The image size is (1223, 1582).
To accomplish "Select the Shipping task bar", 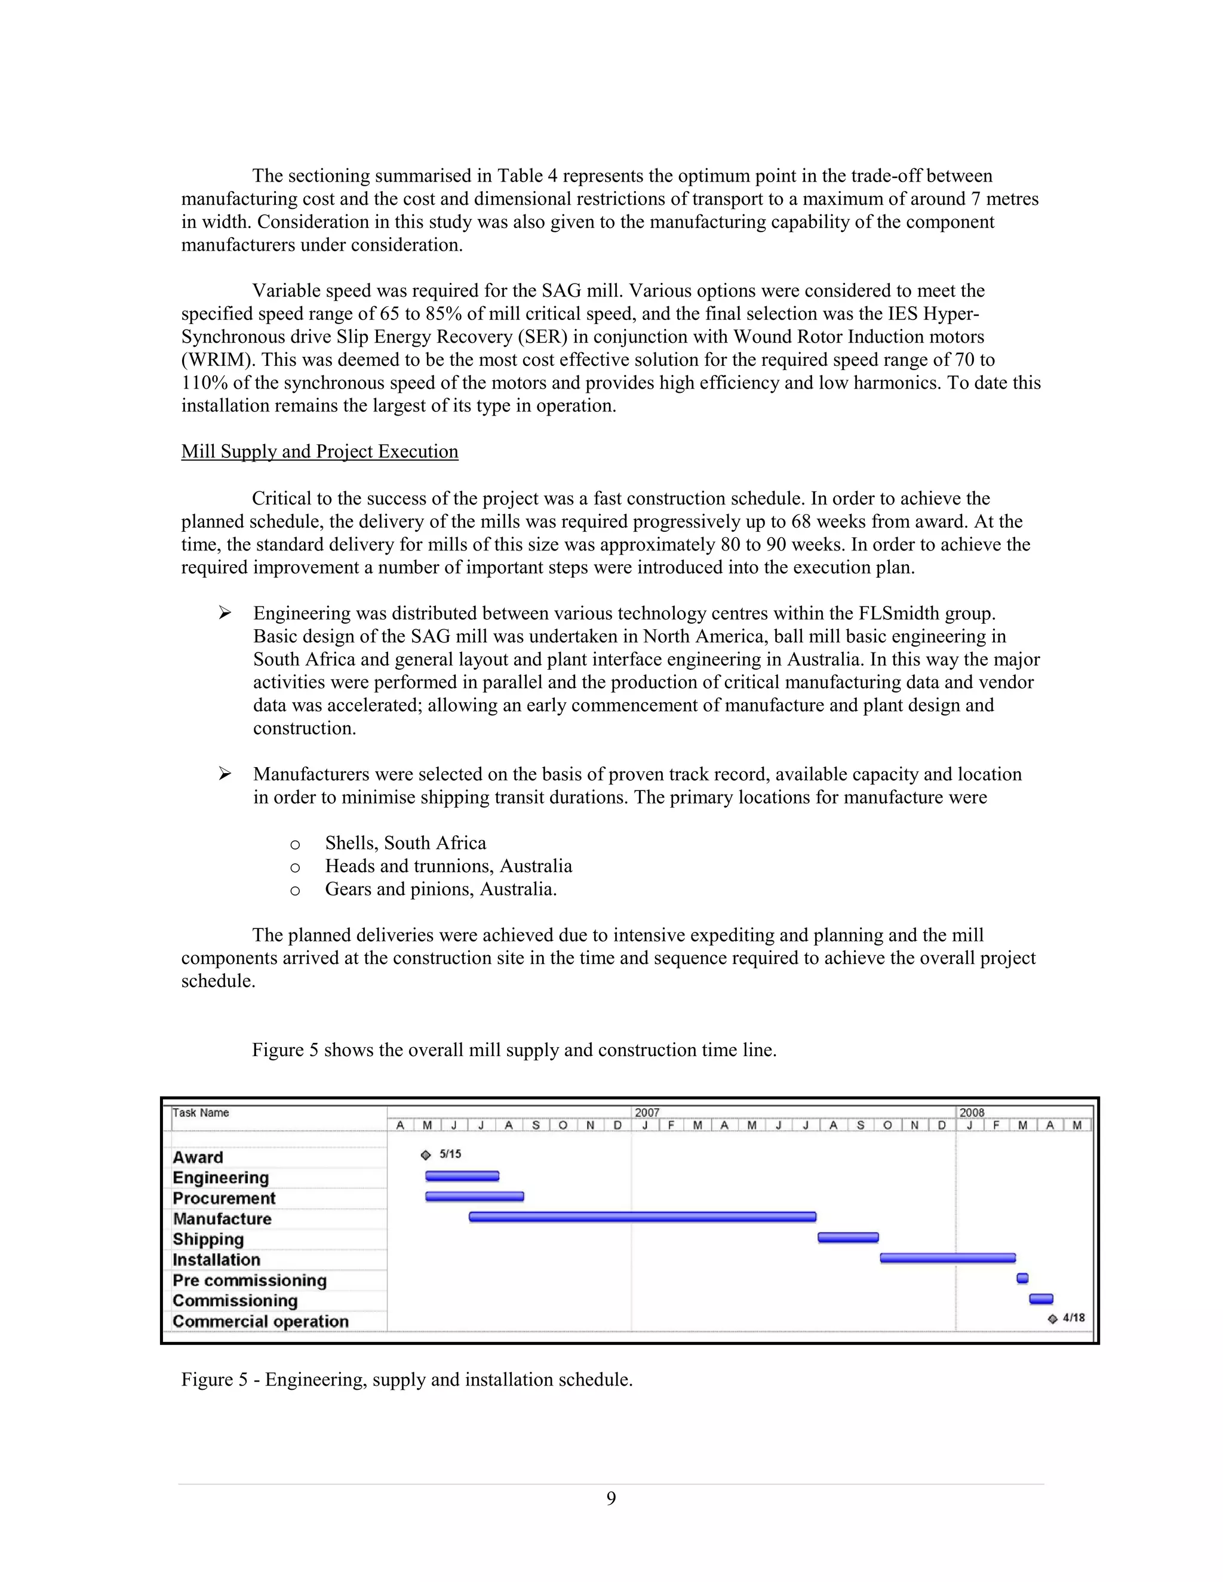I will pos(848,1238).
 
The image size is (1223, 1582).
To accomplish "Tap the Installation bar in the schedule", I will pos(948,1258).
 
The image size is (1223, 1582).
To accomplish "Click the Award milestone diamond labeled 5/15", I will pos(426,1155).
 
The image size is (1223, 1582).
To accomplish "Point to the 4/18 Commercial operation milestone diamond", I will pos(1053,1319).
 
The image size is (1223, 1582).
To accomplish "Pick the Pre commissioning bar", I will pos(1022,1279).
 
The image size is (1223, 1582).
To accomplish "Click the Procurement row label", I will pos(224,1198).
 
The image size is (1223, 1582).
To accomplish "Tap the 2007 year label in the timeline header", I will pos(647,1113).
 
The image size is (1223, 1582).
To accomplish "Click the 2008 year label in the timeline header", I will pos(972,1113).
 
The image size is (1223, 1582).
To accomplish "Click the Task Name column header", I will pos(201,1113).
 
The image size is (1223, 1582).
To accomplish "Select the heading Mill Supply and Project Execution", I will pos(319,451).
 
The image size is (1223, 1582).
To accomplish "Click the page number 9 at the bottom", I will pos(611,1498).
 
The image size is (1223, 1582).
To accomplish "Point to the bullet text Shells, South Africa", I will pos(405,843).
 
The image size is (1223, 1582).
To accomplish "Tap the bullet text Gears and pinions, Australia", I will pos(441,889).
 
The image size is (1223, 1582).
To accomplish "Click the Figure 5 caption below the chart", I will pos(407,1379).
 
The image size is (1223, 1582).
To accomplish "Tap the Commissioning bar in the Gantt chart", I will pos(1041,1299).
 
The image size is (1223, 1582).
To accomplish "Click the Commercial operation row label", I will pos(261,1321).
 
